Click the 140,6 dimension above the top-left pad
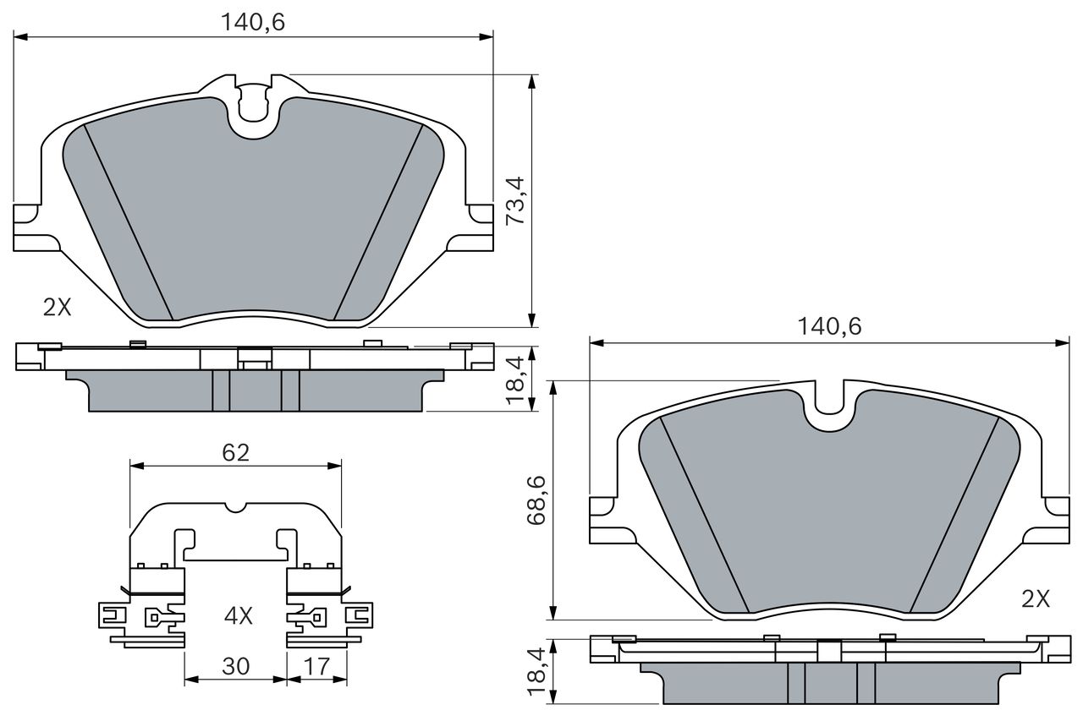[x=253, y=22]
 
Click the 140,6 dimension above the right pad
[x=829, y=327]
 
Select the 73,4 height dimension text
[x=515, y=200]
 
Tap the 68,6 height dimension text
[x=536, y=500]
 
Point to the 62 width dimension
[x=235, y=452]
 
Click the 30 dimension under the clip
[x=235, y=666]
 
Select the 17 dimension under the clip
[x=316, y=666]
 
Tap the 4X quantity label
[x=239, y=615]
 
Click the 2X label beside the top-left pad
[x=57, y=307]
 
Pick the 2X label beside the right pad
[x=1036, y=599]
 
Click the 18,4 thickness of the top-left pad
[x=515, y=380]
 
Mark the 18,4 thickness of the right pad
[x=536, y=671]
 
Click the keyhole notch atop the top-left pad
[x=253, y=103]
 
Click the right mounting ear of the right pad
[x=1054, y=520]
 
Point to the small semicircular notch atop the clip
[x=236, y=507]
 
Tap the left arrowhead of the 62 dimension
[x=137, y=466]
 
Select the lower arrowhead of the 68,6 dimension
[x=553, y=613]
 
